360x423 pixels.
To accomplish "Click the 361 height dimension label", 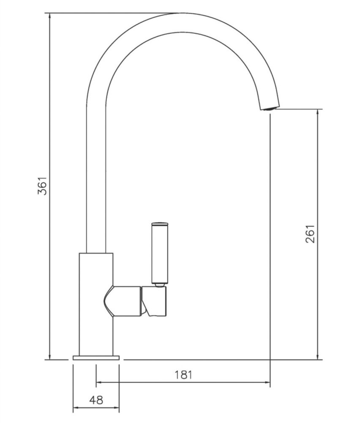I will (42, 185).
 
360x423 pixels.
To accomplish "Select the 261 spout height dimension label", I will (311, 233).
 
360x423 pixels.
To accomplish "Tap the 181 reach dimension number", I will (183, 374).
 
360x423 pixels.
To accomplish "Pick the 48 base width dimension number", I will (96, 400).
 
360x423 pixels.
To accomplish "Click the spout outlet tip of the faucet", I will (268, 107).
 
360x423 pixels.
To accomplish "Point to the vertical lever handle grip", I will (159, 254).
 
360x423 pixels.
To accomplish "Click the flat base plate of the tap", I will (96, 358).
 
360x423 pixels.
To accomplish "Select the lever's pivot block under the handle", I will (155, 301).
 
